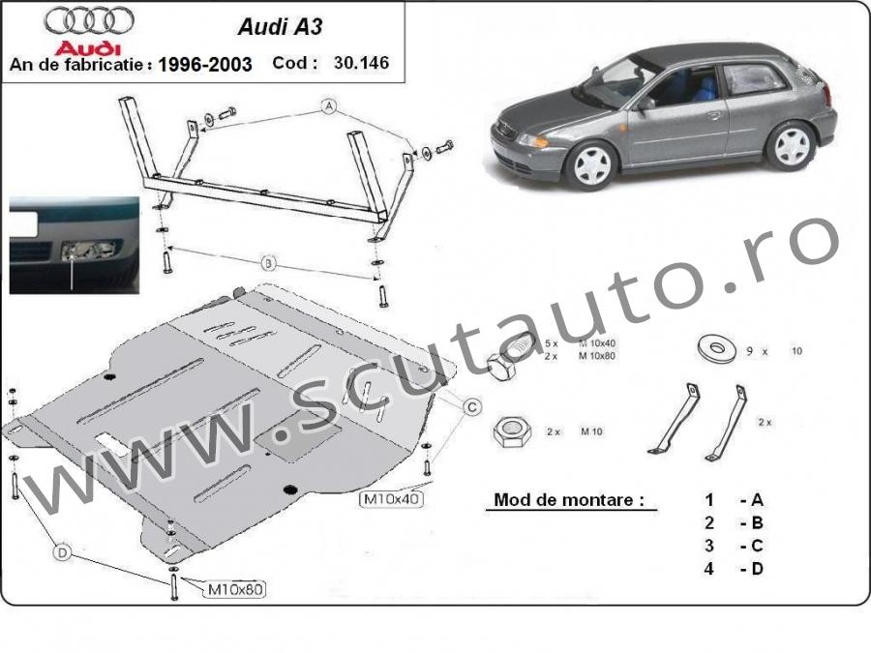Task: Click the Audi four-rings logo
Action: click(x=89, y=21)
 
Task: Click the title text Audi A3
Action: click(x=280, y=27)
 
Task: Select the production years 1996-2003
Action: click(x=205, y=65)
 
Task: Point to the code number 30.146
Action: click(x=361, y=62)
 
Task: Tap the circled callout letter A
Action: click(x=329, y=106)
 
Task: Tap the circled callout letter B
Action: click(x=268, y=262)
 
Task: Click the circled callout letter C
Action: click(x=472, y=407)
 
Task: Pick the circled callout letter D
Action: click(x=62, y=552)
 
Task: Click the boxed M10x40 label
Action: click(x=391, y=499)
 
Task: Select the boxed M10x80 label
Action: click(x=235, y=589)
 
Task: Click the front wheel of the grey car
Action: click(x=592, y=164)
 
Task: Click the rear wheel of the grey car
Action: click(x=791, y=146)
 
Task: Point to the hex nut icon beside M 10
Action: click(x=512, y=430)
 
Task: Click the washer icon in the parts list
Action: click(x=716, y=347)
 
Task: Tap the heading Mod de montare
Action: click(x=569, y=500)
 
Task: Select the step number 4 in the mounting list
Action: click(x=708, y=569)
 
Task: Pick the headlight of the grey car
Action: click(x=532, y=140)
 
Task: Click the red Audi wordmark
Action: click(x=88, y=48)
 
